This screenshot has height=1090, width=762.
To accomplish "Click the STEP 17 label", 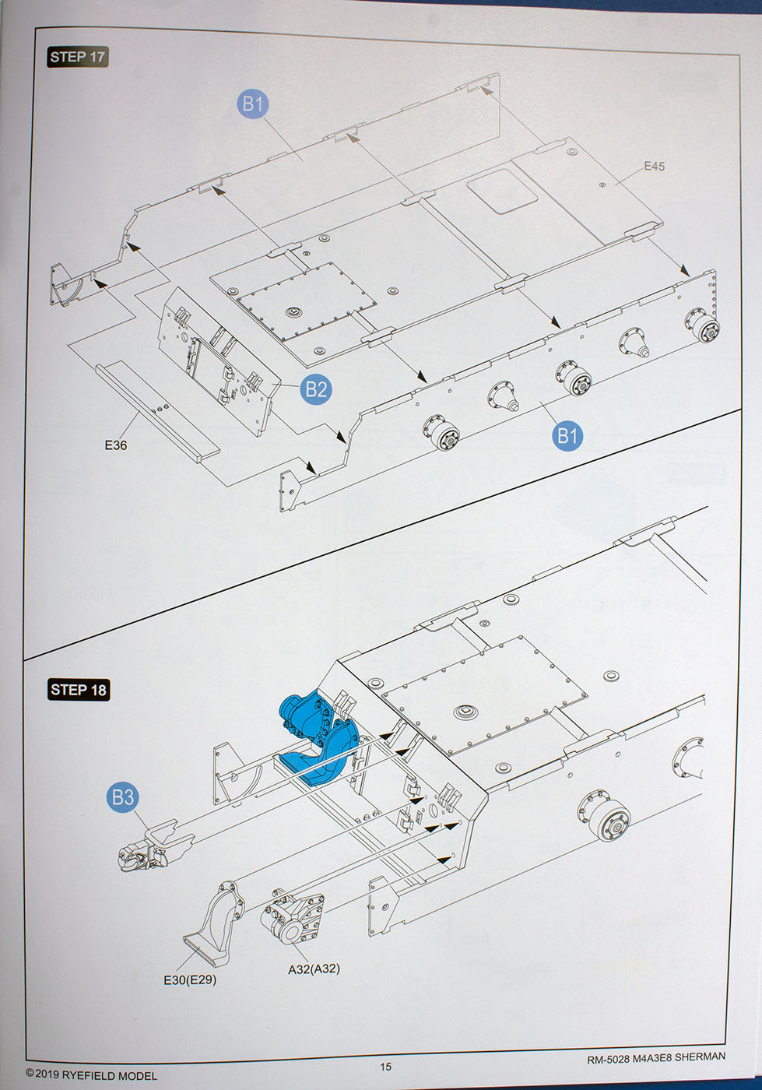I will tap(77, 57).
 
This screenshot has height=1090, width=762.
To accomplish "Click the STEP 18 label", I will tap(78, 690).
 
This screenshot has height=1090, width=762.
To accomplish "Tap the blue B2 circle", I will tap(316, 389).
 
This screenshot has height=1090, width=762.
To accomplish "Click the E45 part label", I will tap(654, 166).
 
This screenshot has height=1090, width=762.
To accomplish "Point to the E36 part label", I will tap(115, 445).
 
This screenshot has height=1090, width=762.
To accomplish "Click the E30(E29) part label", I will tap(190, 979).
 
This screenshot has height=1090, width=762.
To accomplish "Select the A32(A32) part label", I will tap(314, 969).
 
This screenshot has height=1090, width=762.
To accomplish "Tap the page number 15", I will tap(386, 1067).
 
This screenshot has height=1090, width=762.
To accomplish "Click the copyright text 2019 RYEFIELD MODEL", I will tap(91, 1075).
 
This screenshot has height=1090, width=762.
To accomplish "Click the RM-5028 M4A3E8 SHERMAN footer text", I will tap(656, 1057).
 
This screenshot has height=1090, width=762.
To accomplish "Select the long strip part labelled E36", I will tap(156, 409).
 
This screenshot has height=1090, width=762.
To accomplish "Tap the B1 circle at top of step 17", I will tap(253, 104).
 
